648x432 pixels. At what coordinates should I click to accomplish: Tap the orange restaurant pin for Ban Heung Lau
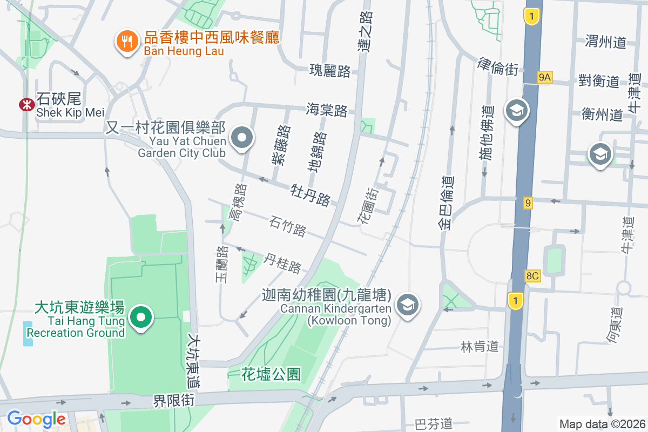click(126, 42)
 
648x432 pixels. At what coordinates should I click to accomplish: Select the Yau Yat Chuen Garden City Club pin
click(242, 138)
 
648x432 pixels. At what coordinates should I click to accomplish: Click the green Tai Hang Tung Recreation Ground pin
click(141, 316)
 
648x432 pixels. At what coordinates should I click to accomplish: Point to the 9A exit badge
click(545, 78)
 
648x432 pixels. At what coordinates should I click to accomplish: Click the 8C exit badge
click(532, 276)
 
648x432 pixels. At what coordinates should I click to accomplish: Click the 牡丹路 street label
click(310, 194)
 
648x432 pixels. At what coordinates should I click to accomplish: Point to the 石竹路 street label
click(288, 226)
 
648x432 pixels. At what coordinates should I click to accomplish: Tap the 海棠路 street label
click(327, 110)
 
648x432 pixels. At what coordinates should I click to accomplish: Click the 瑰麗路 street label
click(330, 70)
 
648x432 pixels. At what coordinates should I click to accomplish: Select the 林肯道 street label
click(480, 346)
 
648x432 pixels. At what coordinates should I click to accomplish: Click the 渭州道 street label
click(605, 42)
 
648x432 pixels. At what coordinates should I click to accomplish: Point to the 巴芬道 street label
click(433, 424)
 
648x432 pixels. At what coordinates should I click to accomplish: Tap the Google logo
click(36, 418)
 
